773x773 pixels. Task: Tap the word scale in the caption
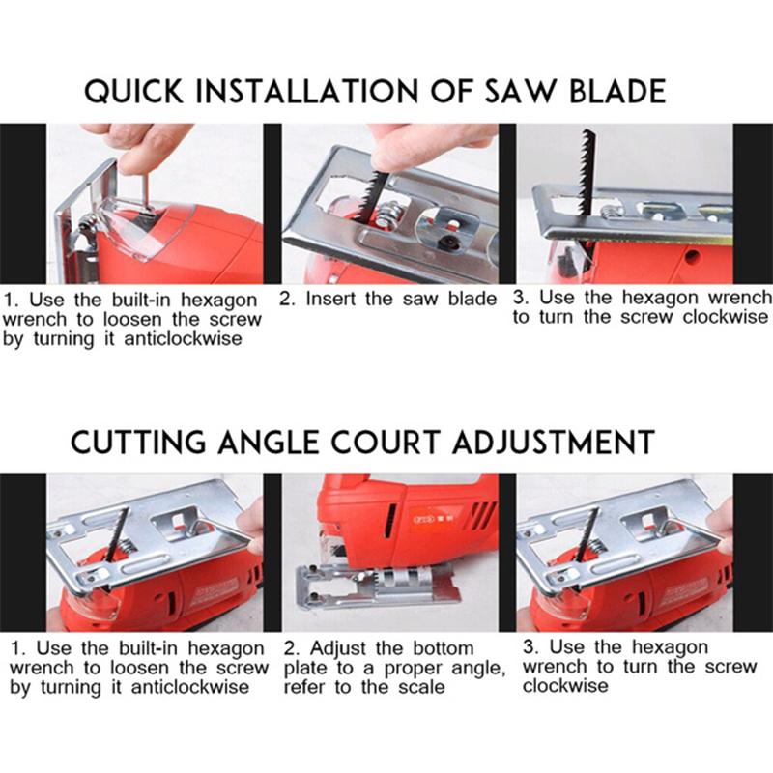coord(421,687)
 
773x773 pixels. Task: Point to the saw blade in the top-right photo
coord(585,174)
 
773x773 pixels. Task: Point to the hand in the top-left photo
coord(135,140)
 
